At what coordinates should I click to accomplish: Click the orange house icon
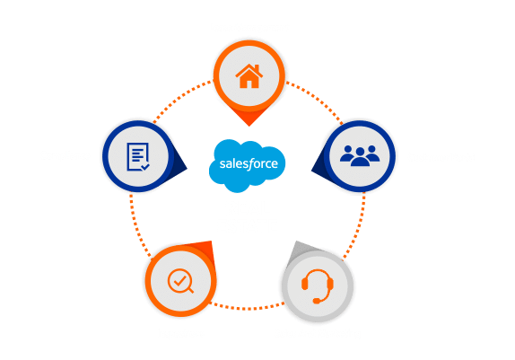tap(249, 76)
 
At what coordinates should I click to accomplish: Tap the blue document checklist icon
tap(138, 157)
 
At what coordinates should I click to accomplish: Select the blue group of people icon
tap(360, 155)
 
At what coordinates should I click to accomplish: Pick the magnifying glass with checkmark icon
tap(180, 281)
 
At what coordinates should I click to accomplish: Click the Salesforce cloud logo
tap(247, 165)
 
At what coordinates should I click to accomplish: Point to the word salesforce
tap(249, 163)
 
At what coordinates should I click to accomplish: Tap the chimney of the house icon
tap(257, 68)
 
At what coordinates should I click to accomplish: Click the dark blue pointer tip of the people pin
tap(312, 170)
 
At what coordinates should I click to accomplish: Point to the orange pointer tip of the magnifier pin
tap(211, 242)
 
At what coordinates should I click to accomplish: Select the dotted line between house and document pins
tap(181, 98)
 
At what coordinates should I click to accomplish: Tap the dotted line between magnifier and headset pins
tap(247, 307)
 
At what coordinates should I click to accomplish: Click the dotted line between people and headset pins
tap(358, 227)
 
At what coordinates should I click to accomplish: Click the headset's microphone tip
tap(316, 301)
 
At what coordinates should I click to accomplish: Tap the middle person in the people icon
tap(360, 157)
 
